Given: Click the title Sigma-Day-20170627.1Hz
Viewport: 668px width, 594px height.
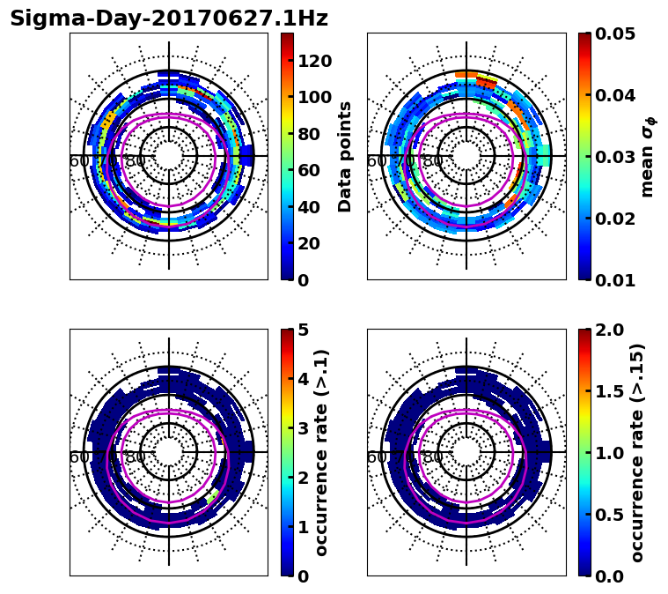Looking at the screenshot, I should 168,19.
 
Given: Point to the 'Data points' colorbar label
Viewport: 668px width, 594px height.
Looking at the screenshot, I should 345,157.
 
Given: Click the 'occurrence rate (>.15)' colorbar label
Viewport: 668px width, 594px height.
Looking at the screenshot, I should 637,453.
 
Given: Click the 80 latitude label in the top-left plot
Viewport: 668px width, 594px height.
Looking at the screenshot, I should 136,161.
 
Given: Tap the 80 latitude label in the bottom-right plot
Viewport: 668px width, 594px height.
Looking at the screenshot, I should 433,457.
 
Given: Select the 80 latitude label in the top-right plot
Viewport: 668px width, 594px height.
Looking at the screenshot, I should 433,161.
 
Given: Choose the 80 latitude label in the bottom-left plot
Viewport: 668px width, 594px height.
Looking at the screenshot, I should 136,457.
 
